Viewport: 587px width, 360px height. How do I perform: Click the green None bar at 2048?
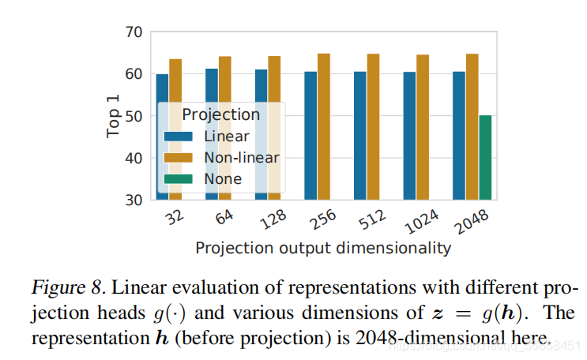pos(485,157)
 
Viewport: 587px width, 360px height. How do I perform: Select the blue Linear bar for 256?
pos(310,135)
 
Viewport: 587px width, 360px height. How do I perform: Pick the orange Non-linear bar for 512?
pos(374,126)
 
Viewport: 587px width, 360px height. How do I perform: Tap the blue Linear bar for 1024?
pos(410,135)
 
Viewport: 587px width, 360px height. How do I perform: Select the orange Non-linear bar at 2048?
pos(472,126)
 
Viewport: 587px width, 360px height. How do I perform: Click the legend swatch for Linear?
pos(179,136)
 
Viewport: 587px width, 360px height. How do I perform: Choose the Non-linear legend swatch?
pos(179,157)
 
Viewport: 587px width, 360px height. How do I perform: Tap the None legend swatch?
pos(179,178)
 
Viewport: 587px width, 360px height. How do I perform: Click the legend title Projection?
pos(220,114)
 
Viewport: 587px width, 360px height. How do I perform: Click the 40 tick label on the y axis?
pos(134,158)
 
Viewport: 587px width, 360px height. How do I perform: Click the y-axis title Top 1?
pos(114,116)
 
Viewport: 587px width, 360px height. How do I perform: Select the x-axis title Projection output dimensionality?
pos(323,248)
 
